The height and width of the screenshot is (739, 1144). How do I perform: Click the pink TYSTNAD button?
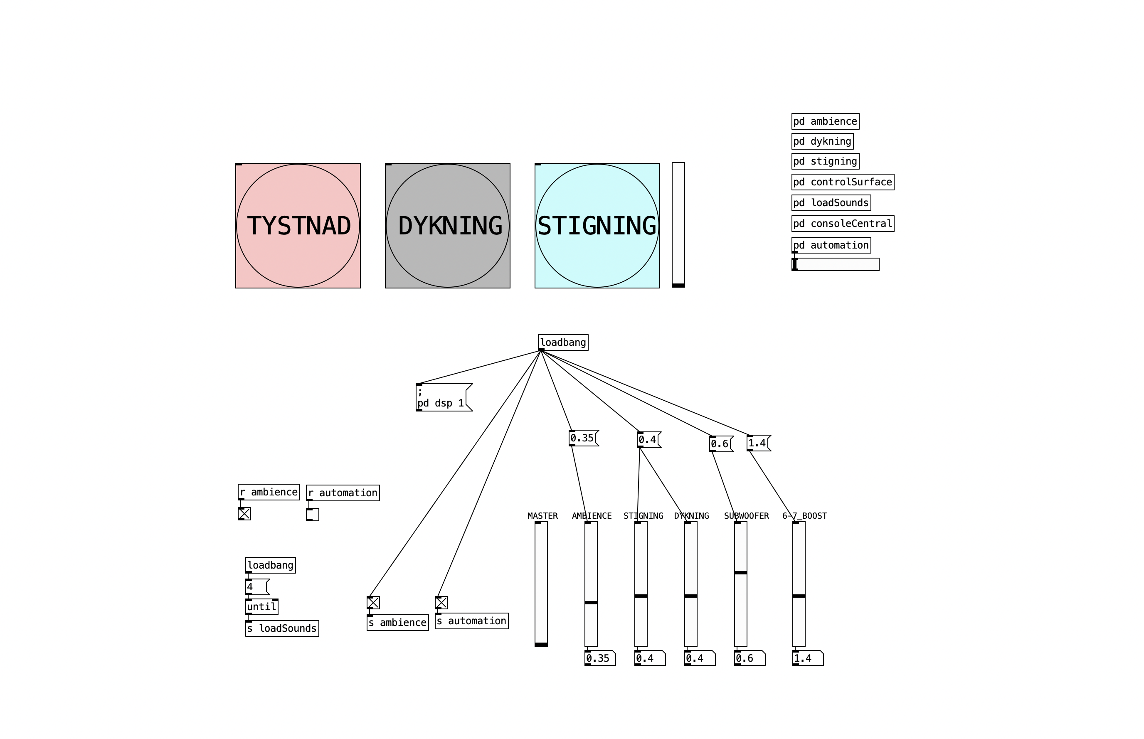click(298, 226)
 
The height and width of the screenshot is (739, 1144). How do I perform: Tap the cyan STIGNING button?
click(597, 226)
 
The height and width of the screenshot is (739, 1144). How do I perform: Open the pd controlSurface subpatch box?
click(842, 182)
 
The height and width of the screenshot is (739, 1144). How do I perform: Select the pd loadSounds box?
click(831, 202)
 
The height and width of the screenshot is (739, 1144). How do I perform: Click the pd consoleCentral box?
click(842, 224)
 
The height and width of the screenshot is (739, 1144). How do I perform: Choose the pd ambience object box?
click(825, 121)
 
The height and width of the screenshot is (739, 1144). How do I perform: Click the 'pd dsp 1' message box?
click(441, 397)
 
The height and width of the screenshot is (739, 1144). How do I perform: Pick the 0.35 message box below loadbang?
click(582, 438)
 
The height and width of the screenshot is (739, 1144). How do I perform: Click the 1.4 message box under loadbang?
click(758, 443)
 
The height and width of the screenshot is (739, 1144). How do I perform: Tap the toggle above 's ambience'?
click(373, 603)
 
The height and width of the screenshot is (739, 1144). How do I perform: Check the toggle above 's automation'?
click(441, 603)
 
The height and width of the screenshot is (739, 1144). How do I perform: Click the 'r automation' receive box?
click(343, 493)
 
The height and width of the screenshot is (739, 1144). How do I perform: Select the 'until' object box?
click(261, 606)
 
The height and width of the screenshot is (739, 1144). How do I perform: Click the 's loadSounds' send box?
click(282, 628)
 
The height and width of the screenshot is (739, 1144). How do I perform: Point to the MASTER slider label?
click(542, 516)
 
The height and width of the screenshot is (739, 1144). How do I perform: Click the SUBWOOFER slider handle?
click(740, 572)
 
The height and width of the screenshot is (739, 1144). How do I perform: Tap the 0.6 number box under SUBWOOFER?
click(749, 658)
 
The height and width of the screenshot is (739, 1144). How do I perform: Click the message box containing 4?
click(257, 587)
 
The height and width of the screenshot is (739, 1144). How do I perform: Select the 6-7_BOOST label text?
click(804, 516)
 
